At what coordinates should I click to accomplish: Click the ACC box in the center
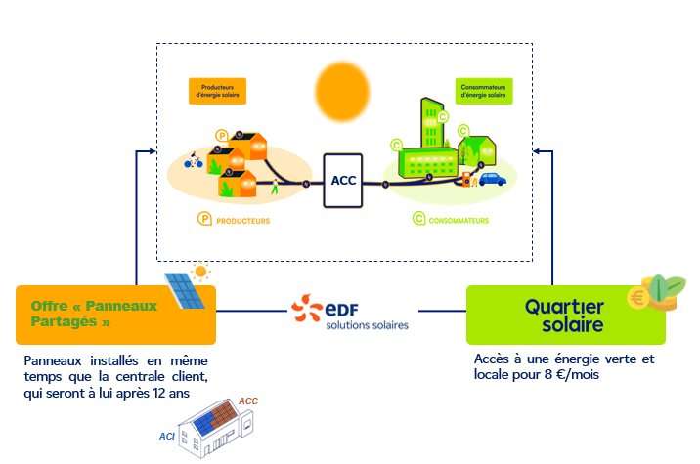pos(343,180)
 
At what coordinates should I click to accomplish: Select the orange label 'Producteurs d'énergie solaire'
pos(217,91)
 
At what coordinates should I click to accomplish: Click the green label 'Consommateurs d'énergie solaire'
pos(482,91)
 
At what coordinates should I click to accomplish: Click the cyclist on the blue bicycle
pos(193,159)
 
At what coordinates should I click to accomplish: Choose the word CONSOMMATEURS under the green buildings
pos(459,221)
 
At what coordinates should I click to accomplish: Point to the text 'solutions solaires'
pos(367,325)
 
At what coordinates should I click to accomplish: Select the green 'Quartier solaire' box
pos(565,314)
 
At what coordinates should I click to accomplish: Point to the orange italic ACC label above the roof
pos(248,401)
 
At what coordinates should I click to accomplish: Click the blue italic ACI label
pos(166,436)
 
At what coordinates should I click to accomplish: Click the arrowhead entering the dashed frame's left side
pos(152,151)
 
